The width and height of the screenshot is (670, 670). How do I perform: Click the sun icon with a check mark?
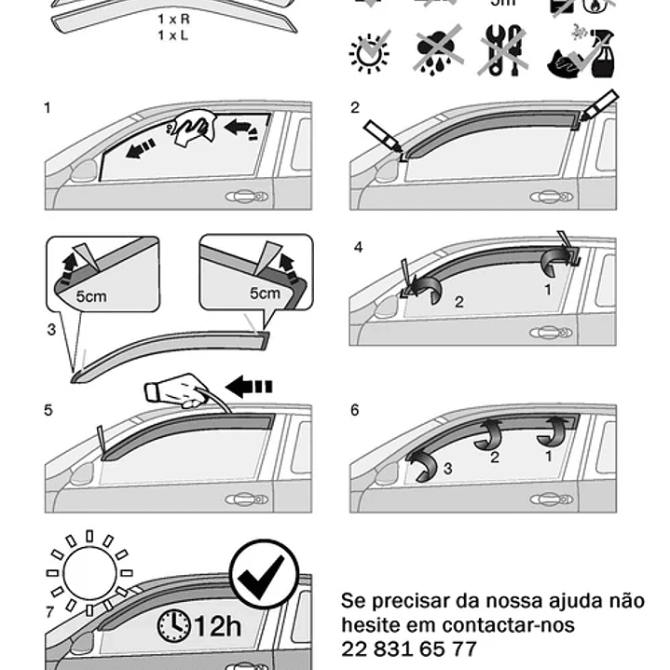[370, 52]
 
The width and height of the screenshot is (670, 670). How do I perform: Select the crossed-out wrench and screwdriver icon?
[503, 52]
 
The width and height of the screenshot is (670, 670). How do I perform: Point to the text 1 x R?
[174, 19]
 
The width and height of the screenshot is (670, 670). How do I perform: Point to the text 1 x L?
[174, 34]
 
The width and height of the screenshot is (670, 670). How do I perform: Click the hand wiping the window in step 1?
[195, 127]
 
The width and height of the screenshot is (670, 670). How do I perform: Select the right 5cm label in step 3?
[264, 293]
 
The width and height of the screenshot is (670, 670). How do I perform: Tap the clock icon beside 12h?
[173, 624]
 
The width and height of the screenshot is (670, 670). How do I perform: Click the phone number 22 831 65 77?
[409, 649]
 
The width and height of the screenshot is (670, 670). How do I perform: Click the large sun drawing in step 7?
[89, 572]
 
